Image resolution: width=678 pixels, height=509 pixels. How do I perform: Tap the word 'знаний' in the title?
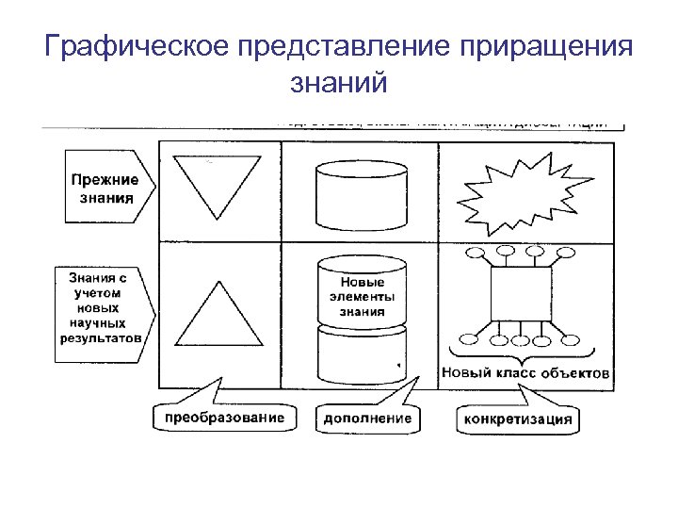pos(340,84)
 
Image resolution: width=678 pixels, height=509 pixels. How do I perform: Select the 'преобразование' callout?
pos(223,416)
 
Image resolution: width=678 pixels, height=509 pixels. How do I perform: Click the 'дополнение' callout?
pos(367,418)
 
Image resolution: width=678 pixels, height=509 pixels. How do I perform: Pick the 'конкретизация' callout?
pos(517,419)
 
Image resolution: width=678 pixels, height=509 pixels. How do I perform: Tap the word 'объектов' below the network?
pos(578,373)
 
